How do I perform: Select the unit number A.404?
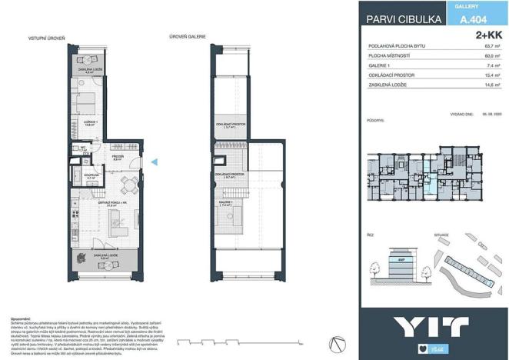tap(471, 22)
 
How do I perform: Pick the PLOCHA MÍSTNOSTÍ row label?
tap(393, 57)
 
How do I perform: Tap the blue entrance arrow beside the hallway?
tap(155, 162)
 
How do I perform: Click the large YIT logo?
tap(433, 326)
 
